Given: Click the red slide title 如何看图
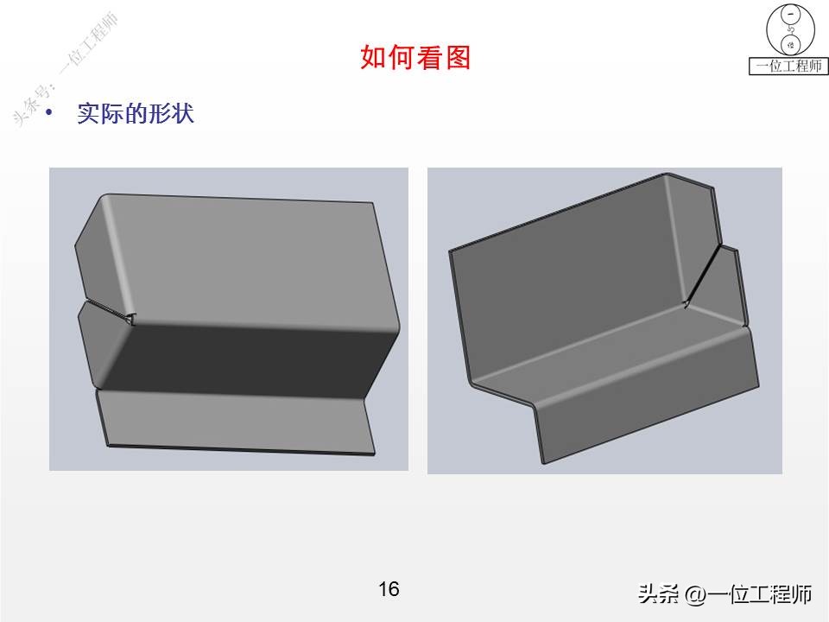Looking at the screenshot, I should tap(414, 58).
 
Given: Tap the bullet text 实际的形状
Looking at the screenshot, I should tap(136, 114).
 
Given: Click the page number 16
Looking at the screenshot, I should tap(389, 589).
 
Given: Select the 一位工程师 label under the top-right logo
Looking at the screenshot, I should tap(788, 67).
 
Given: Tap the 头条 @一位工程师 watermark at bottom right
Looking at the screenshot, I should tap(725, 594).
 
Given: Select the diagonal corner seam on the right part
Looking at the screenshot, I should tap(704, 272).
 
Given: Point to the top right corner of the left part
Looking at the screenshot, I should tap(373, 205).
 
